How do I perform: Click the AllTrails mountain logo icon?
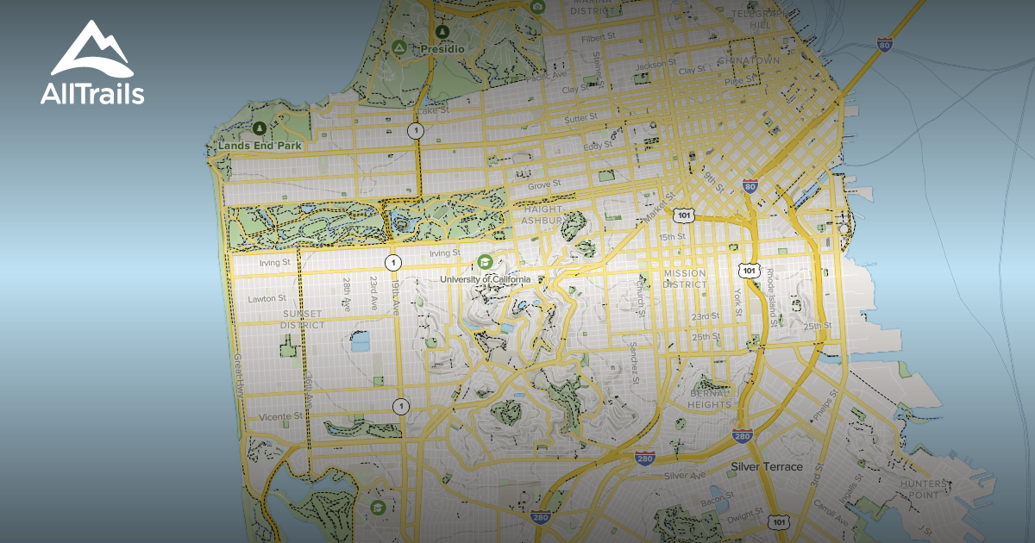[91, 49]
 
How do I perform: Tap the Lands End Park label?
[260, 147]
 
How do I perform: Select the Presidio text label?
[442, 50]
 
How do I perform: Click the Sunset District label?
[303, 319]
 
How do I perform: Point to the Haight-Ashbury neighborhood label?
[542, 215]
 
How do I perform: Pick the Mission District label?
[685, 278]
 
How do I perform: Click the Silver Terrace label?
[767, 466]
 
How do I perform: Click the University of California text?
[492, 279]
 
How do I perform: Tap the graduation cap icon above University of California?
[485, 261]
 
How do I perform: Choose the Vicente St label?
[281, 416]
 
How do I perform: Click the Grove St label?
[544, 184]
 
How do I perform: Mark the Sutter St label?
[580, 118]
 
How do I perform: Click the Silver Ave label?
[685, 475]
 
